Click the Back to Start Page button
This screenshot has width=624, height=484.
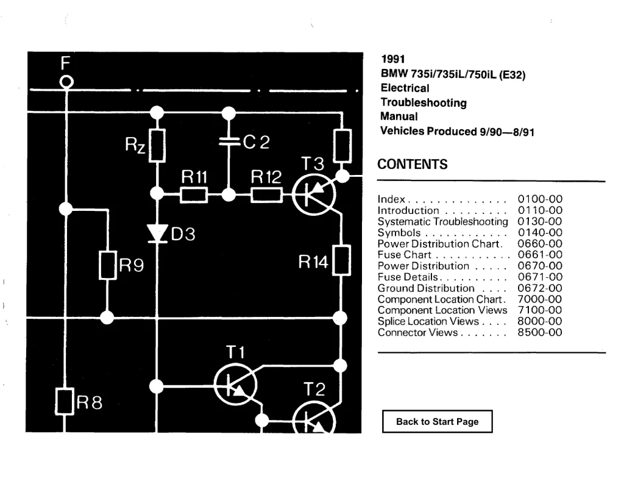438,421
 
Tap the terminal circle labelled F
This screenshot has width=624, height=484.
66,82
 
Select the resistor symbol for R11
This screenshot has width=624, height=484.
194,195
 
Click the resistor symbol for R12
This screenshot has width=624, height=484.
267,195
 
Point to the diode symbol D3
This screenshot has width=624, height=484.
157,233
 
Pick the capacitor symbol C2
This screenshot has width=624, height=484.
229,141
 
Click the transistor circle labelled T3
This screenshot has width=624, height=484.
314,194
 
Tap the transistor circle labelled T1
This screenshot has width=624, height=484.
235,385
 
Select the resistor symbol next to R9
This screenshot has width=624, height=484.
107,265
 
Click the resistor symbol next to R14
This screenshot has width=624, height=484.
341,261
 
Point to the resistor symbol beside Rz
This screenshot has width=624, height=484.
157,146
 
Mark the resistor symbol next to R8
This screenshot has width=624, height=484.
64,402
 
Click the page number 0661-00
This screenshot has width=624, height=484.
540,255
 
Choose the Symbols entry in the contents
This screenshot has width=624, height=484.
399,233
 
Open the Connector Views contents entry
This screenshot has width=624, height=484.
417,332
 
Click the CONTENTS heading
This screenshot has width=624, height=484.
413,164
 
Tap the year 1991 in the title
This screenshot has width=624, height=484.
393,59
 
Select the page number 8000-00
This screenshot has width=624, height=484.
540,321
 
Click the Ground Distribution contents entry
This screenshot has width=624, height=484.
426,288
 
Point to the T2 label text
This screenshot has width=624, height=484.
314,389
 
